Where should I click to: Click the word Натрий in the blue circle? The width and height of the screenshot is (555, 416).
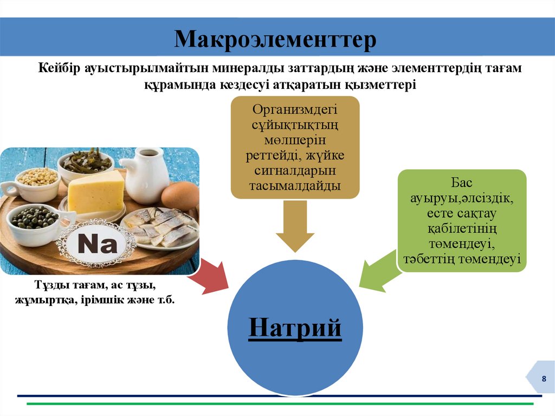coord(295,328)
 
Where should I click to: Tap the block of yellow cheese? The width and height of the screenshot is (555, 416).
coord(96,191)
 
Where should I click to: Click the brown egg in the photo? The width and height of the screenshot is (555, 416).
coord(180,195)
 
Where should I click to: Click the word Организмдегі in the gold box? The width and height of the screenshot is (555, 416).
coord(295,110)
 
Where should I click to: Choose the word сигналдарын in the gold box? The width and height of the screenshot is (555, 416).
coord(295,171)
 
